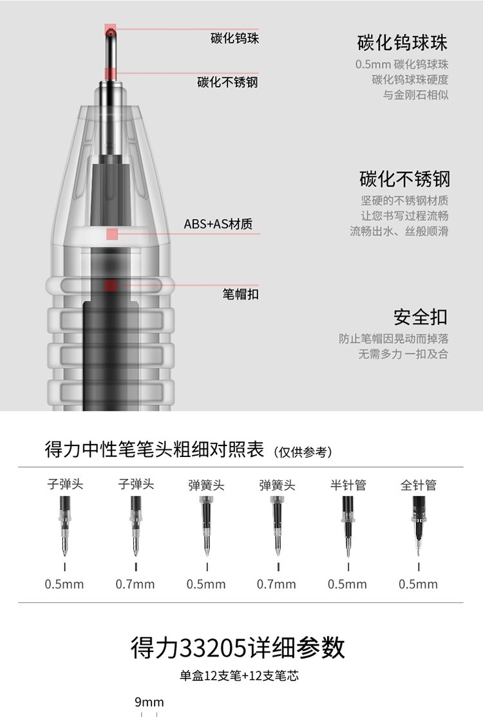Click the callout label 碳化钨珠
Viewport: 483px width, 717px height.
tap(234, 38)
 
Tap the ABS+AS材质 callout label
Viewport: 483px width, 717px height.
tap(218, 224)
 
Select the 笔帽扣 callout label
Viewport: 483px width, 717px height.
tap(241, 294)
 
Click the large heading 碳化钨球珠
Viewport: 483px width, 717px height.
tap(402, 42)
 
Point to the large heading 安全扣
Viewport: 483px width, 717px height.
tap(421, 317)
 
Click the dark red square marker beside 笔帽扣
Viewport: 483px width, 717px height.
tap(110, 285)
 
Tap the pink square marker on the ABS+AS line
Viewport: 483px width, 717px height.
tap(112, 234)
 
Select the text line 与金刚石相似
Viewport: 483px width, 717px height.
tap(416, 95)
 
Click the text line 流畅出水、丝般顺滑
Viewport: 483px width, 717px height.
tap(399, 231)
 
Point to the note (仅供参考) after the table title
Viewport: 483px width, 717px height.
tap(303, 452)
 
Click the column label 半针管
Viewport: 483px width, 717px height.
tap(348, 485)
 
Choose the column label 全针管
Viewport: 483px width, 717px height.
tap(419, 485)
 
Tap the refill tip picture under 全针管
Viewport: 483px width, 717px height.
tap(419, 526)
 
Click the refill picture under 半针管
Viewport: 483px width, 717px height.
tap(348, 526)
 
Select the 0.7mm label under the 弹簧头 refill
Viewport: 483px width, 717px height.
tap(276, 584)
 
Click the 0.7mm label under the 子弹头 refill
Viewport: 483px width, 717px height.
tap(135, 584)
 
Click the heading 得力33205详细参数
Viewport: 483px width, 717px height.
tap(238, 647)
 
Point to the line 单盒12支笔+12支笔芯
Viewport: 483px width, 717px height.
tap(239, 676)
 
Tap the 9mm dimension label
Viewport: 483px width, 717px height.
tap(149, 702)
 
